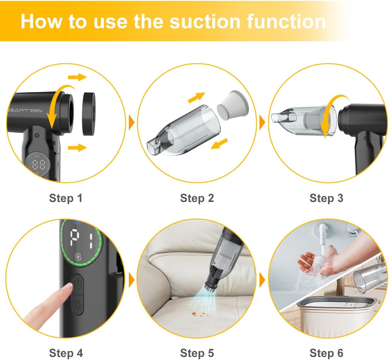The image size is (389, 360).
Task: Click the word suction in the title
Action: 205,22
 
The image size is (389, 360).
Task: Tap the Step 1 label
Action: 65,198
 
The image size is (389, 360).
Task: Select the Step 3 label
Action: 326,198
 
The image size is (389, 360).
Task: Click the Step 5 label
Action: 197,353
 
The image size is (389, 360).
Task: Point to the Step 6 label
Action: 326,353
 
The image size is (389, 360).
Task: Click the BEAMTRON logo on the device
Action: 25,111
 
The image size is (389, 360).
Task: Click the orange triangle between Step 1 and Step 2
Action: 132,123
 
